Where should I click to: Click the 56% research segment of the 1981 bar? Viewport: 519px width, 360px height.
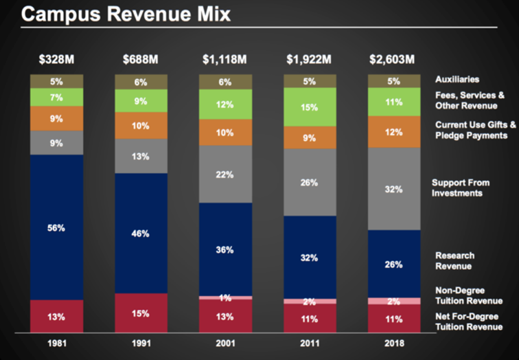(56, 227)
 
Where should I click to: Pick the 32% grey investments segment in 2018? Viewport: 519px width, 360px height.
(393, 189)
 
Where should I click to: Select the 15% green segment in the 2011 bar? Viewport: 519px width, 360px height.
(310, 107)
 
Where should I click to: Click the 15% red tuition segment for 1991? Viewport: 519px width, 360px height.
(141, 313)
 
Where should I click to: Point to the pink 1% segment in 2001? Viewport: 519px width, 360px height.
(225, 297)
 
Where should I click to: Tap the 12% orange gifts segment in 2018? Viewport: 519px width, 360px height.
(393, 132)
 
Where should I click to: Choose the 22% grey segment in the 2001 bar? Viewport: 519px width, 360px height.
(225, 175)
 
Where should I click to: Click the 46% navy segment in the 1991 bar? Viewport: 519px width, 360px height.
(141, 233)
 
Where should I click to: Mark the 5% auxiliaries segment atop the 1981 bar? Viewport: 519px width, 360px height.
(56, 81)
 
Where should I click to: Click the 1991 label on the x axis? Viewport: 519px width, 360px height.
(141, 341)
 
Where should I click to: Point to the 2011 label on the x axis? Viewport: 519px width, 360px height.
(310, 341)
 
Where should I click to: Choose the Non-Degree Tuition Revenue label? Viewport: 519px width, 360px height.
(469, 295)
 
